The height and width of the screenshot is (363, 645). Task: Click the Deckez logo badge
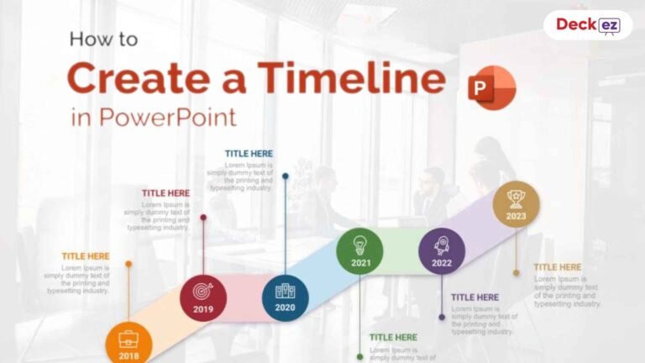click(587, 25)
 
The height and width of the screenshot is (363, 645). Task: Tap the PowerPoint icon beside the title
click(492, 88)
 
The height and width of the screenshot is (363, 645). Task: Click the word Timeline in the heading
click(352, 79)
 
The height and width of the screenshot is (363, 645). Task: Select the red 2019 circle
click(203, 298)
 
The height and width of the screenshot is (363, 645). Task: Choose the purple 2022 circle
click(442, 251)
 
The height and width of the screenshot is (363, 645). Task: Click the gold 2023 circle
click(516, 204)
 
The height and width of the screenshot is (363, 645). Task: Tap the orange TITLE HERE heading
click(86, 256)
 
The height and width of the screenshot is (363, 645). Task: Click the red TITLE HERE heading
click(165, 193)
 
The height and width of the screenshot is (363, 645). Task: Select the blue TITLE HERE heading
click(249, 154)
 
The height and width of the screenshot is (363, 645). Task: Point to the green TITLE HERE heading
click(393, 338)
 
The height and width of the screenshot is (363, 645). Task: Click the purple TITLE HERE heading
click(475, 297)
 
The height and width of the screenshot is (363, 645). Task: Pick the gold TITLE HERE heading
click(558, 267)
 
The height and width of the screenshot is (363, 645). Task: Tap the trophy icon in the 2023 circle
click(516, 198)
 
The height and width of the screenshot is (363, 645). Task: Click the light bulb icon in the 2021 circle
click(359, 245)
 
